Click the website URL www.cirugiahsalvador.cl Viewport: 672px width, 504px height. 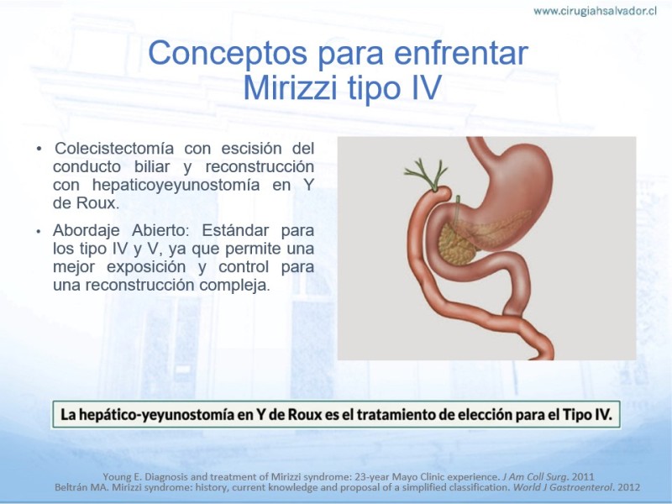click(595, 11)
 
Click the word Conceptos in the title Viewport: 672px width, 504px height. click(228, 53)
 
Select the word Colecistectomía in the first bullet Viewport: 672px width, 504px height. click(114, 149)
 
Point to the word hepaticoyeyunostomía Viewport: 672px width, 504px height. click(176, 185)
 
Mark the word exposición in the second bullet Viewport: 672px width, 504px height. click(146, 266)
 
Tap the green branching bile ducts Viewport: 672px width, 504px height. click(427, 174)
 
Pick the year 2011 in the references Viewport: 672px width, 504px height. click(582, 476)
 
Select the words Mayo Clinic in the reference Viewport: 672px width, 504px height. click(402, 476)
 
